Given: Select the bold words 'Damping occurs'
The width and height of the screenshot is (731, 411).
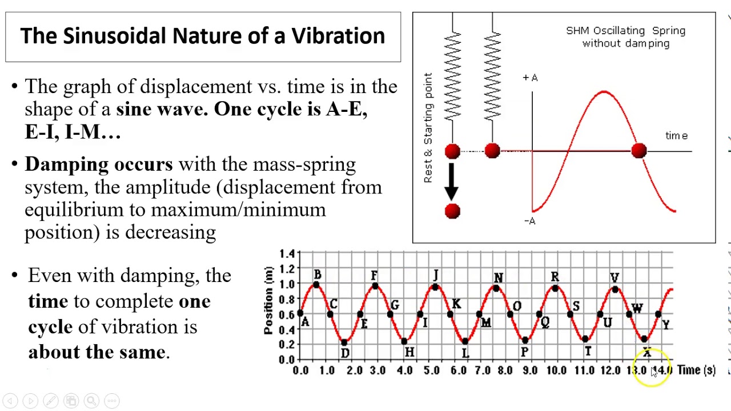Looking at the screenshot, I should click(x=98, y=164).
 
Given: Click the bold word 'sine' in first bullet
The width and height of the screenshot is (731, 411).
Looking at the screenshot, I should click(x=133, y=109).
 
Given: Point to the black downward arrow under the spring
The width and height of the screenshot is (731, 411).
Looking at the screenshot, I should click(x=452, y=182).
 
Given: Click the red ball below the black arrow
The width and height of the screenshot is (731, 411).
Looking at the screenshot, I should click(x=452, y=211).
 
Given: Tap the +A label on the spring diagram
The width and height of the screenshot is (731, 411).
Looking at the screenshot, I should click(x=530, y=78).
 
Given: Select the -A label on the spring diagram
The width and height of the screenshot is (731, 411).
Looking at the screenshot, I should click(x=529, y=221).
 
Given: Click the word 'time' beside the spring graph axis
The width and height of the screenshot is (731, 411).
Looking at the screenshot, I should click(x=676, y=136).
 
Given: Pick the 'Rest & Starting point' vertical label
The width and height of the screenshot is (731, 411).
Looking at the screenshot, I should click(x=428, y=128).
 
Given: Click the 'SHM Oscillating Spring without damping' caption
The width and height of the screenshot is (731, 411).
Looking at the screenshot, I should click(x=625, y=37).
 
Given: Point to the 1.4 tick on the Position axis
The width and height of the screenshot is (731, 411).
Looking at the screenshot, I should click(x=287, y=253).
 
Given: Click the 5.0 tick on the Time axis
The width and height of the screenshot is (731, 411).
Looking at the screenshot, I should click(x=431, y=370).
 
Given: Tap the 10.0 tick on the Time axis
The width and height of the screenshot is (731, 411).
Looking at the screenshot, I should click(x=556, y=370).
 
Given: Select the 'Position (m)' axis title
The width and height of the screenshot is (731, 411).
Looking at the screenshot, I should click(x=268, y=300).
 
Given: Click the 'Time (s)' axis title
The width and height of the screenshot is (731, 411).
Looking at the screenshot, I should click(x=696, y=370).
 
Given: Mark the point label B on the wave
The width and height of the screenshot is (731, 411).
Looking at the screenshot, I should click(x=318, y=275).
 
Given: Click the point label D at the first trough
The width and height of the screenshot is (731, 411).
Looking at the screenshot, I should click(x=345, y=353).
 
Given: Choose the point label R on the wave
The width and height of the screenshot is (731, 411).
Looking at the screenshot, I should click(x=555, y=277).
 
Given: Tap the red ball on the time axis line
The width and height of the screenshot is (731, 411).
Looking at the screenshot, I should click(x=638, y=151).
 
